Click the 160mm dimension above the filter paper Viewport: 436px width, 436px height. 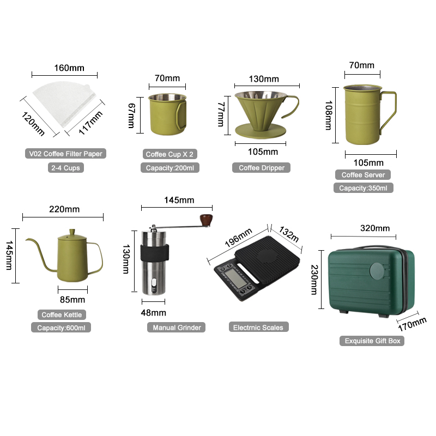(x=69, y=68)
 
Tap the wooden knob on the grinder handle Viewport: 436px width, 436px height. (x=206, y=220)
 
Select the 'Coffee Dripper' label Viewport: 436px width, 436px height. (x=262, y=168)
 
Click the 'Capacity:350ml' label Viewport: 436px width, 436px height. (x=363, y=188)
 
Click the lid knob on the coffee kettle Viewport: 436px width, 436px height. (x=72, y=232)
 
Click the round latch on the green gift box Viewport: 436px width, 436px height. (x=377, y=271)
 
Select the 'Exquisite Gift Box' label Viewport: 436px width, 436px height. (x=372, y=341)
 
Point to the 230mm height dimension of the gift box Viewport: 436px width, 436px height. (x=314, y=280)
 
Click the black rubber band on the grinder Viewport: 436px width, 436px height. (x=155, y=253)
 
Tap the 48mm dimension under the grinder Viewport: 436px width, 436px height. (x=154, y=313)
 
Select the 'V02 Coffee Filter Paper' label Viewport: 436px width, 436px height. (x=65, y=154)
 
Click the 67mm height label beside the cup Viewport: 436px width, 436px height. (x=131, y=116)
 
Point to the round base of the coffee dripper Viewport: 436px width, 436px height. (x=261, y=131)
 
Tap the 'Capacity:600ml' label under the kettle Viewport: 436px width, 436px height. (x=61, y=328)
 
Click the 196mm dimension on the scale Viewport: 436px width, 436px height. (x=238, y=238)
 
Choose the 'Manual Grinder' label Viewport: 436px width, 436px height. (x=177, y=328)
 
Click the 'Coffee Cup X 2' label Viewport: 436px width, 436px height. (x=169, y=154)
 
